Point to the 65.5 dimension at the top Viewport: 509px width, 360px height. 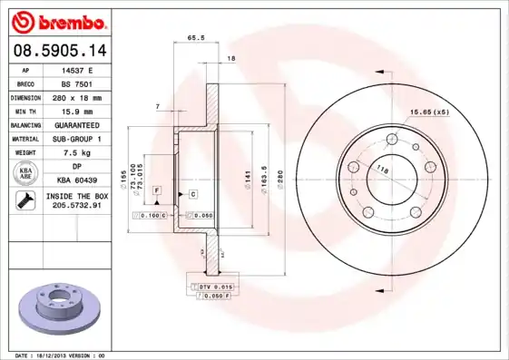click(x=194, y=39)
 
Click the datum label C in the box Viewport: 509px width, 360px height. click(x=193, y=193)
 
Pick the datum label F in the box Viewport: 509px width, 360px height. click(x=156, y=190)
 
